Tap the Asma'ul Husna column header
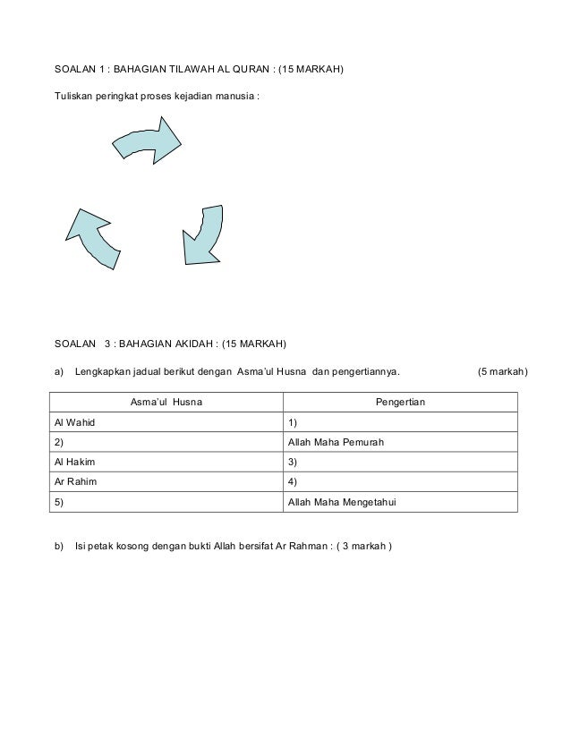click(166, 403)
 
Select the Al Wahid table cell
click(166, 422)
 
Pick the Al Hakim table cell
click(166, 463)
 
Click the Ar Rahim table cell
click(166, 482)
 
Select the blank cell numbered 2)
click(166, 443)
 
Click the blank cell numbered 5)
click(166, 502)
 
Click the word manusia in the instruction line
click(236, 96)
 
